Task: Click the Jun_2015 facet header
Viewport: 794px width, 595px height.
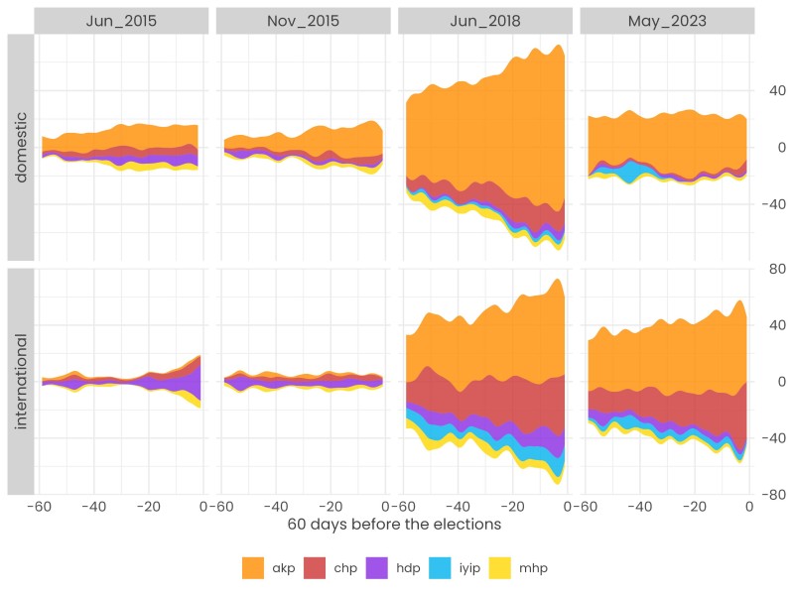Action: [x=122, y=20]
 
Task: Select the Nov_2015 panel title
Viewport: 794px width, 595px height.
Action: [x=304, y=20]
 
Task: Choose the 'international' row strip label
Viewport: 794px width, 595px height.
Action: [x=21, y=381]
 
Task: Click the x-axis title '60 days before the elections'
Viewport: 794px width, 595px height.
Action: [x=395, y=523]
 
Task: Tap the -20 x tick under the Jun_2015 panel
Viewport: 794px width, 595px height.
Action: [x=147, y=504]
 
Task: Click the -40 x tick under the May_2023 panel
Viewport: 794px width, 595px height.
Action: [x=639, y=504]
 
